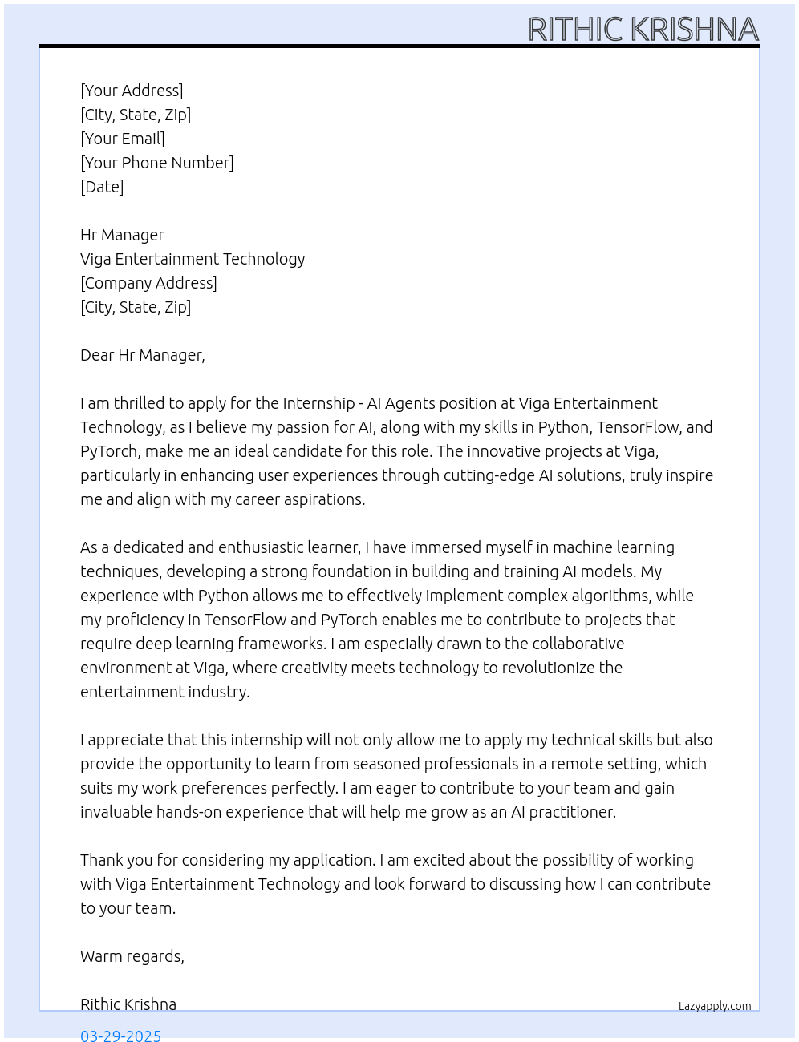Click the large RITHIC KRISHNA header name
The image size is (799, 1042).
(643, 30)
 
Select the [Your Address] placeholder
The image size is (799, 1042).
(132, 91)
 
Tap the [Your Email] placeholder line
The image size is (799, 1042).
(123, 139)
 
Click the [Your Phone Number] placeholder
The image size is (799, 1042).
(157, 163)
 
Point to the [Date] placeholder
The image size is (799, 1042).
(102, 187)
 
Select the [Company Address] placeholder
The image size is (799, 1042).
(148, 283)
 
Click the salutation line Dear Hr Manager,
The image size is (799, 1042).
(143, 355)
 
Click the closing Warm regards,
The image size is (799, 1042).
(132, 956)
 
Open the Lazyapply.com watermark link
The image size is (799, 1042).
(715, 1006)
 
